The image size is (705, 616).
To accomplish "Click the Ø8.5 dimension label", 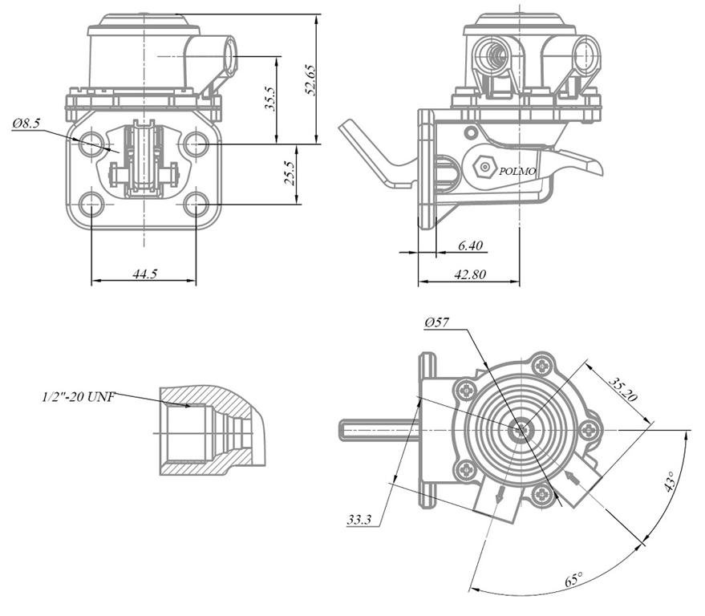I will tap(27, 124).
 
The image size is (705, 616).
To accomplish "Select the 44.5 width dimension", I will tap(144, 274).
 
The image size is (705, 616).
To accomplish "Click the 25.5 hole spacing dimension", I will tap(290, 174).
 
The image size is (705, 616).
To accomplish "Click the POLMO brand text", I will tap(517, 171).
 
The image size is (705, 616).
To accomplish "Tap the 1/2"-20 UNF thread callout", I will tap(79, 396).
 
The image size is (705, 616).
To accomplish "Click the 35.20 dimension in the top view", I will tap(622, 389).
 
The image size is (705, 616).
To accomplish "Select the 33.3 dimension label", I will tap(359, 520).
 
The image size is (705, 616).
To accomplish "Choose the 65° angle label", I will tap(573, 580).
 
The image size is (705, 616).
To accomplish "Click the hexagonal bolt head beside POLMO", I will tap(483, 168).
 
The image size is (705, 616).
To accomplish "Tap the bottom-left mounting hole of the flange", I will tap(92, 204).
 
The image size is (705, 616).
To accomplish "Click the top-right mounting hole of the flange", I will tap(196, 145).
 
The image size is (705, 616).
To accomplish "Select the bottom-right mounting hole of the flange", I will tap(196, 204).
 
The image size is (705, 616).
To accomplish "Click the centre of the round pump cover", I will tap(522, 429).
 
